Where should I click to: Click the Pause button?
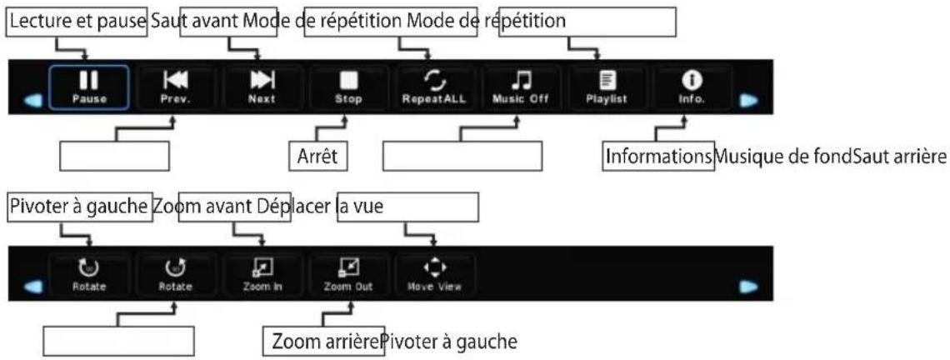tap(89, 87)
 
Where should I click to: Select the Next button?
tap(262, 87)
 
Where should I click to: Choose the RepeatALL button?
tap(434, 87)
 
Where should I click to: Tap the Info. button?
tap(692, 87)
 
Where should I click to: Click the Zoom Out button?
tap(348, 274)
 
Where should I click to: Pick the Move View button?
tap(434, 274)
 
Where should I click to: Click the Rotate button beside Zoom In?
tap(175, 274)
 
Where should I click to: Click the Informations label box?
tap(658, 157)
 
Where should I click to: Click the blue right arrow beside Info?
tap(749, 101)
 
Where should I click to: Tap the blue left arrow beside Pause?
tap(34, 101)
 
